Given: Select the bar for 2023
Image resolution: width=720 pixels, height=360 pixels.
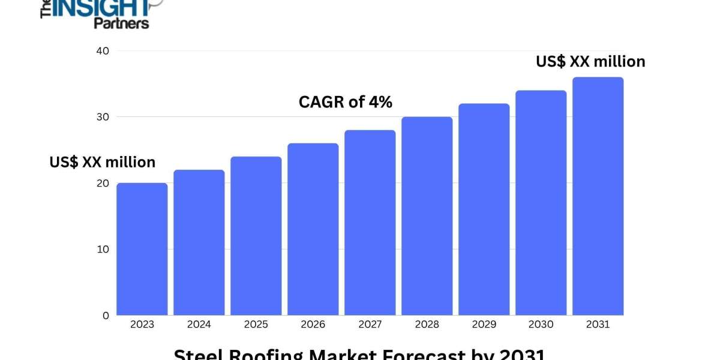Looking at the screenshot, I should pyautogui.click(x=142, y=249).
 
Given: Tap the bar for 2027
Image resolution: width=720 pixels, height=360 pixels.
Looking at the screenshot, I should pyautogui.click(x=370, y=223).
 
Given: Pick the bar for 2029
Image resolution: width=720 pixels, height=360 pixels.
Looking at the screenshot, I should pyautogui.click(x=484, y=209).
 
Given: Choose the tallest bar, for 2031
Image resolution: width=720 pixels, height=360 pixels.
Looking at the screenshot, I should pyautogui.click(x=598, y=196).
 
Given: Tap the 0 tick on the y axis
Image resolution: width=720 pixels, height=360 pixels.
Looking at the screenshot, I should pyautogui.click(x=106, y=315).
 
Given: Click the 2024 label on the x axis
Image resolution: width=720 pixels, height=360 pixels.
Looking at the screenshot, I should pyautogui.click(x=199, y=325).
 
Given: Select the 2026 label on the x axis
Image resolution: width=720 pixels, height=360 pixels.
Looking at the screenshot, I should pyautogui.click(x=313, y=325).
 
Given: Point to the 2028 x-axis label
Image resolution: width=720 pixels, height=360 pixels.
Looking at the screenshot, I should pyautogui.click(x=427, y=325).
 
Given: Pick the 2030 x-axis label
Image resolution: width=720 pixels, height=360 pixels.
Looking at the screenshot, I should pyautogui.click(x=541, y=325).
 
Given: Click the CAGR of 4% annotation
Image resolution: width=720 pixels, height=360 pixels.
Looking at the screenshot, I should pyautogui.click(x=346, y=103).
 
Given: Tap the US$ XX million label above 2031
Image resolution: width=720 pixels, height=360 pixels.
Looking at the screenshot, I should pyautogui.click(x=590, y=61).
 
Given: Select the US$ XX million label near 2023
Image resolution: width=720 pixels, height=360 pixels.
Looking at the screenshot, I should pyautogui.click(x=103, y=162).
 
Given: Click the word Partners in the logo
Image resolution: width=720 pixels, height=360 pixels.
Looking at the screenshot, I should pyautogui.click(x=121, y=23).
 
